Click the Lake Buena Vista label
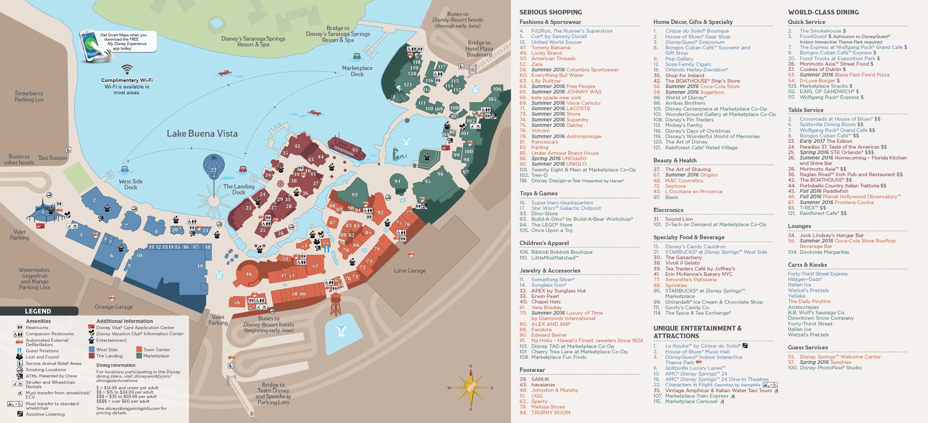click(x=202, y=133)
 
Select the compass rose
click(x=471, y=387)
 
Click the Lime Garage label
click(x=410, y=270)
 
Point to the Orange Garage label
click(x=113, y=307)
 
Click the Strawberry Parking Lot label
click(x=29, y=96)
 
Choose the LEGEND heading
click(x=38, y=311)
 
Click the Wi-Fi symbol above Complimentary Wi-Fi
click(x=127, y=69)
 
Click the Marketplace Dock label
click(x=357, y=71)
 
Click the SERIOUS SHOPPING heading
click(x=550, y=12)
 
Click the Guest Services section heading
click(x=808, y=347)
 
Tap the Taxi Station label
click(x=53, y=158)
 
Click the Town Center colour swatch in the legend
click(x=139, y=349)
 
